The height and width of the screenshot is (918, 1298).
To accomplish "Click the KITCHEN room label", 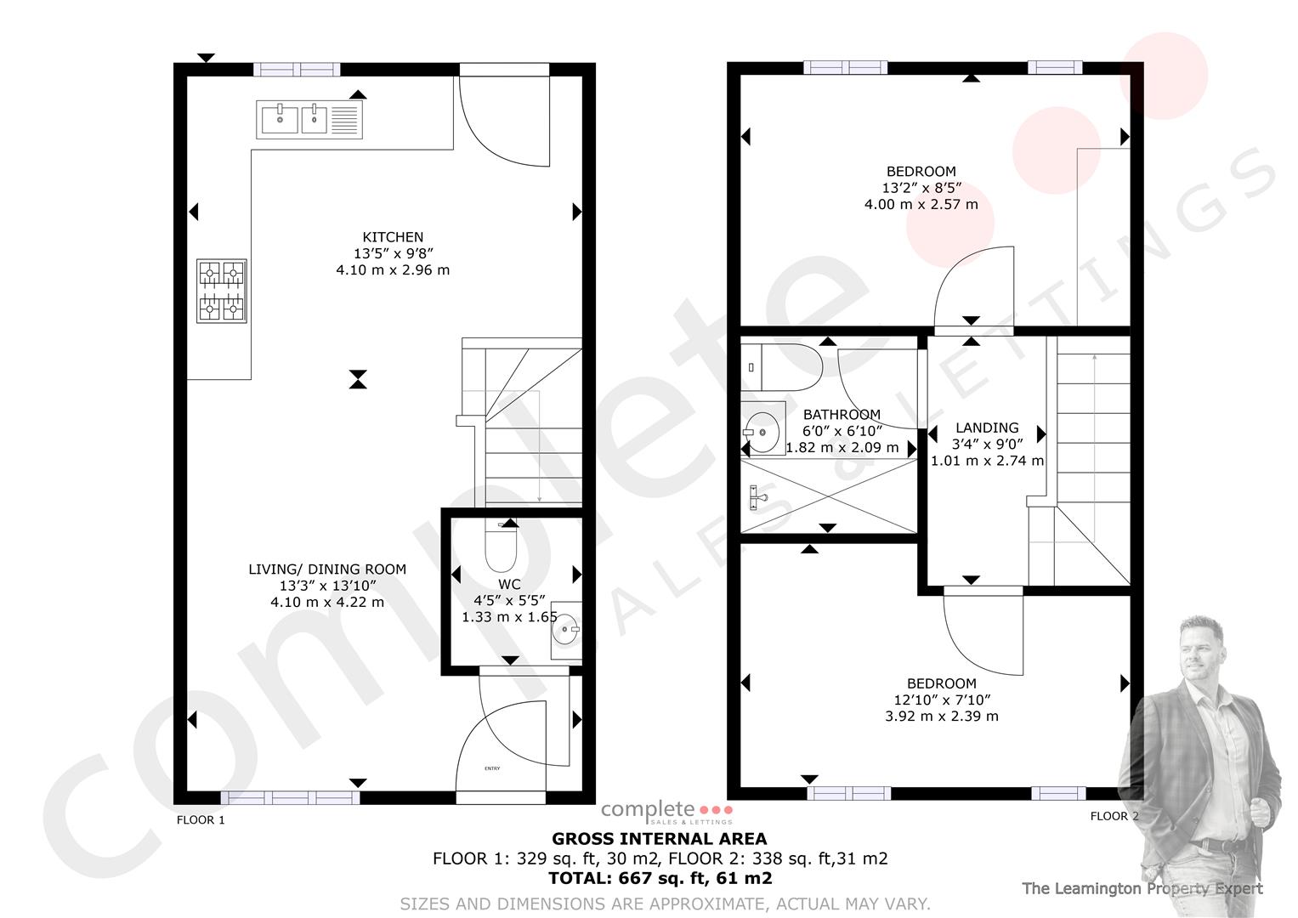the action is coord(393,237).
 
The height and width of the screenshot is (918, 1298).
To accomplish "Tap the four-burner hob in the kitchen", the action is coord(222,291).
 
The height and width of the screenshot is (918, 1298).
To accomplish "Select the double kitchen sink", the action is coord(309,119).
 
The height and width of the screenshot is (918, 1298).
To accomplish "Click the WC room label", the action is coord(509,584).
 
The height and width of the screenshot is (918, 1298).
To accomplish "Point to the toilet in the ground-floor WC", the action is coord(501,547).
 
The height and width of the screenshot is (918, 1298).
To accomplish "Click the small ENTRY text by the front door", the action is coord(492,768).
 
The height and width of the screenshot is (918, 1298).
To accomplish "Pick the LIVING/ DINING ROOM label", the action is coord(327,569).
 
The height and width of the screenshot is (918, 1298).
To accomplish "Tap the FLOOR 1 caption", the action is coord(201,819).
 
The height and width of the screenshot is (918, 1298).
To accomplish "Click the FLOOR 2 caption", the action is coord(1114,816).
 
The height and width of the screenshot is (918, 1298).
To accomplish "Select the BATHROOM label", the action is coord(842,415).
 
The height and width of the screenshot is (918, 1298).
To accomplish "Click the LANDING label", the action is coord(987,428).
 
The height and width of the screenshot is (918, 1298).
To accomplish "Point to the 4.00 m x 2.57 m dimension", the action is coord(921,205).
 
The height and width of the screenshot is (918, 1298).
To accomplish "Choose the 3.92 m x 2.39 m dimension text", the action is coord(942,717).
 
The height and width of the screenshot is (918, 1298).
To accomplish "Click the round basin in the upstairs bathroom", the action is coord(762,433).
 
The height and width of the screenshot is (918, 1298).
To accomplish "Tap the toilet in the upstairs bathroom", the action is coord(782,367).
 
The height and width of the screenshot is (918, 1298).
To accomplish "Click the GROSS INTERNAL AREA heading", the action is coord(660,839).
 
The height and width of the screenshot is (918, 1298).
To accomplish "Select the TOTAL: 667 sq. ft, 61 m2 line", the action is coord(660,878).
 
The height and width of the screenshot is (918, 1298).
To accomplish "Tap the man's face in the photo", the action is coord(1200,654).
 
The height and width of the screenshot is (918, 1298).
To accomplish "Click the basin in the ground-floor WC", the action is coord(566,630).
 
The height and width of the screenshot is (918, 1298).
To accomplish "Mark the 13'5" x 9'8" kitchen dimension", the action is coord(394,253).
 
